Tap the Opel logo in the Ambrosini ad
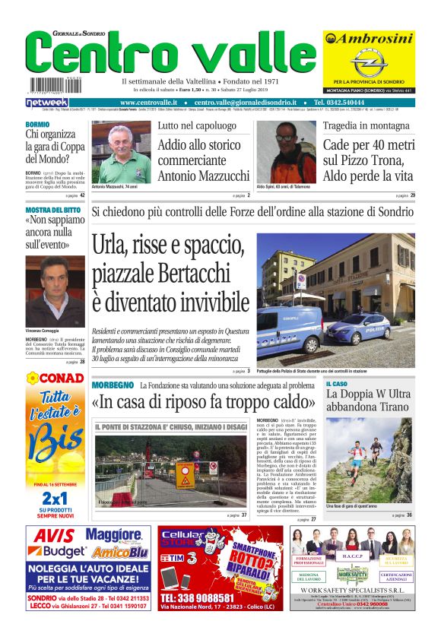coord(369,62)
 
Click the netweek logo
coord(46,102)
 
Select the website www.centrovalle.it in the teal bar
coord(148,102)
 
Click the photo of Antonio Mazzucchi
coord(121,152)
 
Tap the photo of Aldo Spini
coord(286,152)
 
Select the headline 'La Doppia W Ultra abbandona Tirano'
coord(368,400)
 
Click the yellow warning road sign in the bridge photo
coord(186,474)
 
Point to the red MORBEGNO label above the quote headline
coord(112,386)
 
